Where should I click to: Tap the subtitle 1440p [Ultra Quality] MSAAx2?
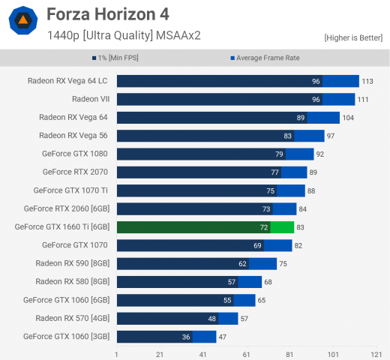124,34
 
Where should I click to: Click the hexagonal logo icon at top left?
23,22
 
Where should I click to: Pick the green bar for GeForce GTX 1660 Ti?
202,226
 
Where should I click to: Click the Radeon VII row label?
90,99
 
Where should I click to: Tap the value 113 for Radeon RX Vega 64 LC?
368,81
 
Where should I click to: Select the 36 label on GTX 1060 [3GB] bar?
186,337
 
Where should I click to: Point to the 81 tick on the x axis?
290,353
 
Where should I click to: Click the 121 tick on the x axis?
376,353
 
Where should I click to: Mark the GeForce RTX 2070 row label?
75,172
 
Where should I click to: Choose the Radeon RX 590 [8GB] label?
73,263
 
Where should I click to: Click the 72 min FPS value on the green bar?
264,226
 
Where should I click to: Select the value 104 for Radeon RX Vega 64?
349,117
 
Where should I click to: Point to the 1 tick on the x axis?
116,353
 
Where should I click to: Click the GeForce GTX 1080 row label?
75,154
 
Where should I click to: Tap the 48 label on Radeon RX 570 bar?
211,318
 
